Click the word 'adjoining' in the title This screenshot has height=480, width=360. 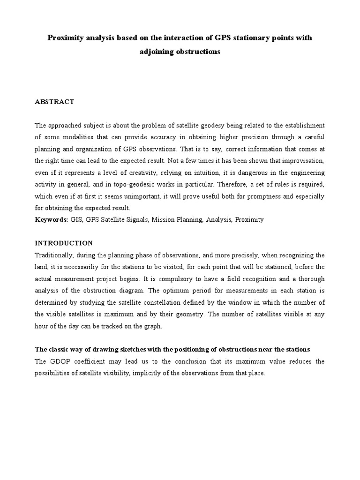coord(156,52)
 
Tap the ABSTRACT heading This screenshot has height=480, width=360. coord(54,102)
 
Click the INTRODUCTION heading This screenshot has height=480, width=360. coord(64,243)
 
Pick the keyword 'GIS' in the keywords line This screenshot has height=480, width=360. coord(76,219)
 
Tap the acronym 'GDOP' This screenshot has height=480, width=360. coord(58,361)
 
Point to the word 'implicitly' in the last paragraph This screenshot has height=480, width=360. coord(156,373)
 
